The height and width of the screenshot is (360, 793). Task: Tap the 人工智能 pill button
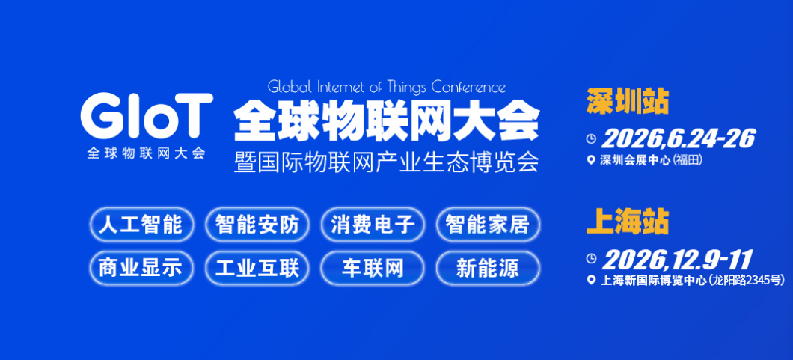coord(141,225)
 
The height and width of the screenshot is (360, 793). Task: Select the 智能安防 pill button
coord(257,225)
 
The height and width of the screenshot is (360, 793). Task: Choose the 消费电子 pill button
coord(373,225)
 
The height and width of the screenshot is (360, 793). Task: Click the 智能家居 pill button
coord(488,225)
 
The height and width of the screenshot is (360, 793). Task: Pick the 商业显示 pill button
coord(141,267)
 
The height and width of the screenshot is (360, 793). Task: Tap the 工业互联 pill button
coord(257,267)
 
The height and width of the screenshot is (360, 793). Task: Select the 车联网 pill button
coord(373,267)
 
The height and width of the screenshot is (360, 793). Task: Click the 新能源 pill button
coord(488,267)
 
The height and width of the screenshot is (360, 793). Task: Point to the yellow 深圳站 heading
coord(627,101)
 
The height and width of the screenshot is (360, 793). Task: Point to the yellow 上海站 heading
coord(627,222)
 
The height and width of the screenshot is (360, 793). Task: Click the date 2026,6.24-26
coord(678,138)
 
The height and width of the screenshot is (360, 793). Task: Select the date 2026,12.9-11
coord(677,260)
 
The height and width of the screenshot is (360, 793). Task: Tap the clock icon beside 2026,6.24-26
coord(591,138)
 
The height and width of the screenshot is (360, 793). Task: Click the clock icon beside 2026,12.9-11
coord(591,259)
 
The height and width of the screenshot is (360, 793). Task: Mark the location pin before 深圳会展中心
coord(592,159)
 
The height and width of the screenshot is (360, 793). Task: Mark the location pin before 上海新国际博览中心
coord(592,281)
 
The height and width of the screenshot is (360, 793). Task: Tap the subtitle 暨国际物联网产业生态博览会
coord(386,162)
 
